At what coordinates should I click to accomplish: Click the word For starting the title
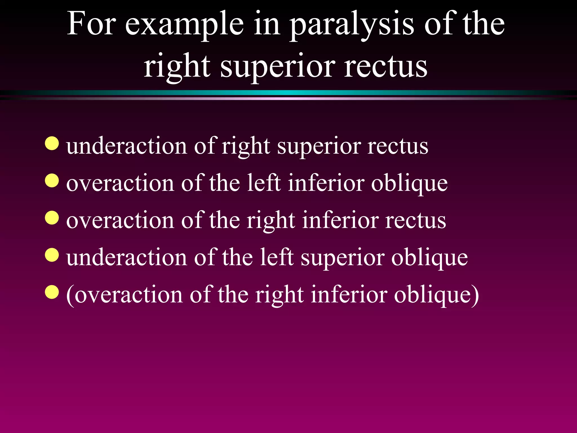pyautogui.click(x=92, y=24)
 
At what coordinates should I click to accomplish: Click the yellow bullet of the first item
pyautogui.click(x=52, y=143)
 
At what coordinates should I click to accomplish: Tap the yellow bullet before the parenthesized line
pyautogui.click(x=52, y=292)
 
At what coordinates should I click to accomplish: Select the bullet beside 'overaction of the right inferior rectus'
pyautogui.click(x=52, y=218)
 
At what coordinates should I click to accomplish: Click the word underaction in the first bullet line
pyautogui.click(x=127, y=146)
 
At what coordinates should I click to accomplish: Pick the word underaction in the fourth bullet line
pyautogui.click(x=127, y=258)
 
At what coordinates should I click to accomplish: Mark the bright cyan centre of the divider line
pyautogui.click(x=288, y=93)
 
